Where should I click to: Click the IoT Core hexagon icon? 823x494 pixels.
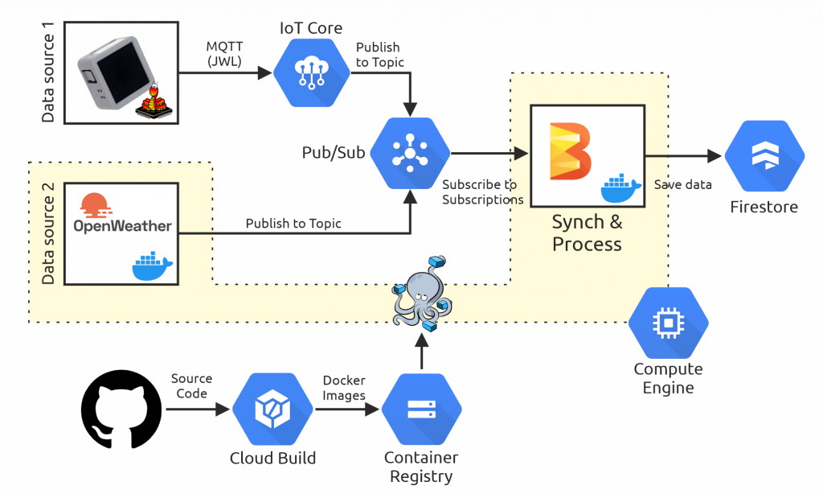click(310, 72)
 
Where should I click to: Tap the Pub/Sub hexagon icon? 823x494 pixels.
click(411, 154)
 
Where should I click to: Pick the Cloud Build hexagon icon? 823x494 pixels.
click(272, 410)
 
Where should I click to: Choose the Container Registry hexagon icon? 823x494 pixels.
click(421, 410)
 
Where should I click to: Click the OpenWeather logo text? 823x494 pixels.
click(122, 226)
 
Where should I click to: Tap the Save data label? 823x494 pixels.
click(682, 184)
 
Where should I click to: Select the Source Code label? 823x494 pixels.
click(191, 385)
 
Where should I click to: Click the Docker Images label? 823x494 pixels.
click(344, 388)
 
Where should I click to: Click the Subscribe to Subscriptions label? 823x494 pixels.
click(482, 192)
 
